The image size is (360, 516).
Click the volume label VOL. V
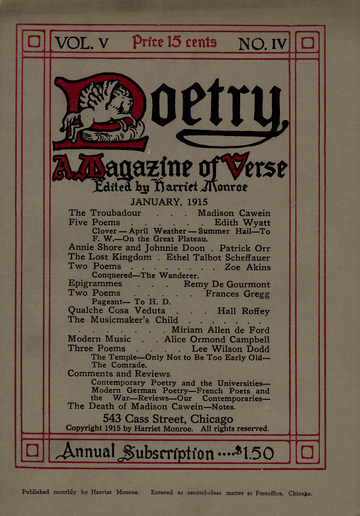pos(88,43)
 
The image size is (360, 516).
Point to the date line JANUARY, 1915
pos(179,199)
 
